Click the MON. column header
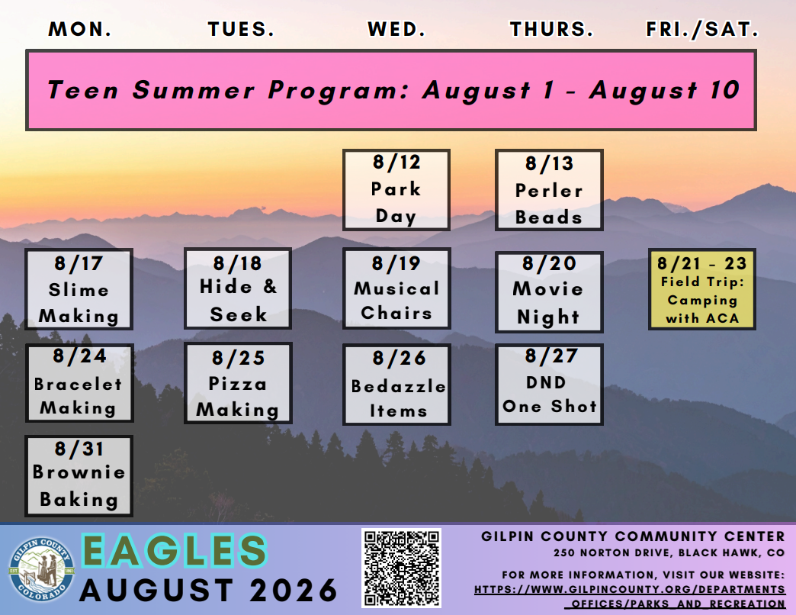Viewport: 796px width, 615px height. [x=80, y=30]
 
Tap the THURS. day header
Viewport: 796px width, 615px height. [x=551, y=30]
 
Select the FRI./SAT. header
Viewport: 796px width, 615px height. [x=702, y=30]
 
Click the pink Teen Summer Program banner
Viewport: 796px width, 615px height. [x=391, y=90]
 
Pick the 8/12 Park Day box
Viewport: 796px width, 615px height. [x=396, y=190]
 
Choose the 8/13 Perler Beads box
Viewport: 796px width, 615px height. [x=549, y=190]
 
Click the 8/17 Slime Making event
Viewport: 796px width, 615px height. [x=79, y=289]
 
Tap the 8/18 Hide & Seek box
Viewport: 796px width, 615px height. [x=238, y=288]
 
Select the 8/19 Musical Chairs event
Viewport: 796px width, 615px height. [x=396, y=288]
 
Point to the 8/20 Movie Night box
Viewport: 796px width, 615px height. [x=549, y=292]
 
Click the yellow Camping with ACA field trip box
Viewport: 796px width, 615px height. [x=702, y=289]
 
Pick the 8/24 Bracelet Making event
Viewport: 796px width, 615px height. [x=79, y=383]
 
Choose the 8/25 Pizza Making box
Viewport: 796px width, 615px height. [x=238, y=383]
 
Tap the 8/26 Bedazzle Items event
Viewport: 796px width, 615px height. [x=396, y=385]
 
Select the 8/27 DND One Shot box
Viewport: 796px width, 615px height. [x=549, y=385]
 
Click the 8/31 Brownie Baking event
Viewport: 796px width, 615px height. [x=79, y=476]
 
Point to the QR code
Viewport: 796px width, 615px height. [x=401, y=568]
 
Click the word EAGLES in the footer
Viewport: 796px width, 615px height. [x=174, y=551]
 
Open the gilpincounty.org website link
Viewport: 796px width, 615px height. [x=630, y=596]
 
